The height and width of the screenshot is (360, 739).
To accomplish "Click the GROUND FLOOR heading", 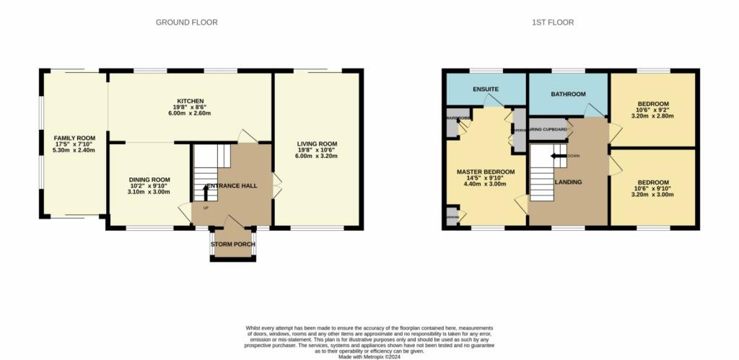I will (186, 22).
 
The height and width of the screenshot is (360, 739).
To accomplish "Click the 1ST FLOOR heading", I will (553, 22).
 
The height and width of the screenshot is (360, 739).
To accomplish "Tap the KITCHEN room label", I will (191, 101).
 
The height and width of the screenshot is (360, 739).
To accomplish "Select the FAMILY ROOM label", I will (75, 137).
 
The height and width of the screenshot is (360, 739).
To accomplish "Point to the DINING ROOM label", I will (149, 180).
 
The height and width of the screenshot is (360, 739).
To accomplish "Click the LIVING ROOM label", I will (317, 144).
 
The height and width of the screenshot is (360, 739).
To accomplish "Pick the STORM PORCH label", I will (232, 245).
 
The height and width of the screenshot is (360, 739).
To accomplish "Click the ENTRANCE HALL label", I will (233, 186).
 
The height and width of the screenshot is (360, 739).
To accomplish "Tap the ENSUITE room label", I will (486, 89).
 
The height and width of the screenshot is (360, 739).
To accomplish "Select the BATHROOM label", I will (568, 95).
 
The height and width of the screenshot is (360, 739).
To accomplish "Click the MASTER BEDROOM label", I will (486, 172).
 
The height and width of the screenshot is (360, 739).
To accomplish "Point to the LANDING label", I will (568, 182).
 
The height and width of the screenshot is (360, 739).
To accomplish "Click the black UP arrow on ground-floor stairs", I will (206, 192).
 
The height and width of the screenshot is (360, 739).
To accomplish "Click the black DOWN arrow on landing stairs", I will (558, 155).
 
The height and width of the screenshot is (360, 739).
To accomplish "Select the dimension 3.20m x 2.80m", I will (652, 115).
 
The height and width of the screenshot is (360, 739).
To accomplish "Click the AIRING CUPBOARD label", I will (548, 130).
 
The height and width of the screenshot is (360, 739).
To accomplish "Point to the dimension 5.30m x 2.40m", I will (75, 150).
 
